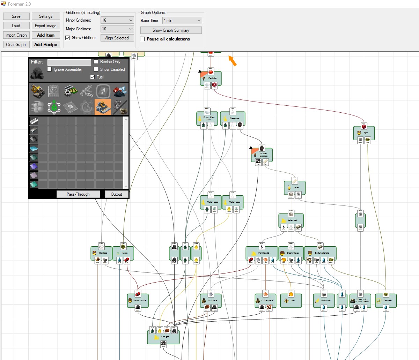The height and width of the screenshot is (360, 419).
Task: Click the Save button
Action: click(16, 16)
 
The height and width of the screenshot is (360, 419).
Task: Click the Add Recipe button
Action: click(46, 45)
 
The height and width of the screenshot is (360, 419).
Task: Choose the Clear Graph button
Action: click(16, 45)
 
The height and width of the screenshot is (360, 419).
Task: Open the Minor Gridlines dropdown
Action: click(117, 20)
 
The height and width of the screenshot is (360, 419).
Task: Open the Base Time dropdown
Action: click(182, 21)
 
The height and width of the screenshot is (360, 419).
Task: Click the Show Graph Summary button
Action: click(171, 30)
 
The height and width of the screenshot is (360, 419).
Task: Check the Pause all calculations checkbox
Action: click(142, 39)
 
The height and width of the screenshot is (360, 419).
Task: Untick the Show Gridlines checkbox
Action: click(68, 38)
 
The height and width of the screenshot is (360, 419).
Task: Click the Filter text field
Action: click(69, 62)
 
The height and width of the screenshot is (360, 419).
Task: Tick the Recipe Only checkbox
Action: click(96, 62)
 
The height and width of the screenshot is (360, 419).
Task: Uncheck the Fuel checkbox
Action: click(92, 77)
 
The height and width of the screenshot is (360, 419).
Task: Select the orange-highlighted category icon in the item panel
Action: click(103, 107)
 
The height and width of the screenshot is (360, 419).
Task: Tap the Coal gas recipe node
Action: click(163, 337)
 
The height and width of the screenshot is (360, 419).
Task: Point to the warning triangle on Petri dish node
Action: click(200, 71)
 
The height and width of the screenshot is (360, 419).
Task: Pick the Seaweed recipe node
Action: click(387, 300)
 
